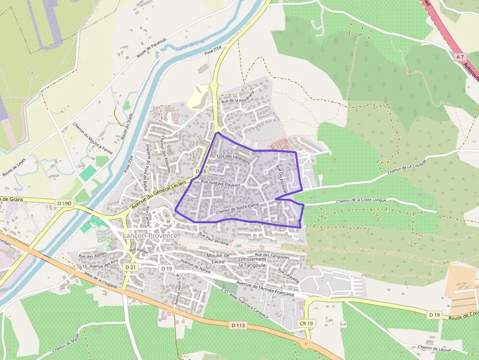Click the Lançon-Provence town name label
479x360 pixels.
click(150, 235)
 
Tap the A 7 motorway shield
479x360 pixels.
click(459, 57)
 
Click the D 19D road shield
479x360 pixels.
click(64, 203)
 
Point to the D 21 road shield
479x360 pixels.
click(130, 267)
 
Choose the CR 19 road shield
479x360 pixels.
click(306, 323)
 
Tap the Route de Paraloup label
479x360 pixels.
click(152, 48)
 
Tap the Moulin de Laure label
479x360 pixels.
click(218, 258)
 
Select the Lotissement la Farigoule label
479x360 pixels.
click(252, 262)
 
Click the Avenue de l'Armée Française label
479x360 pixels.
click(265, 289)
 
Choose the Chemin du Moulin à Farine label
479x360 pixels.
click(93, 139)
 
